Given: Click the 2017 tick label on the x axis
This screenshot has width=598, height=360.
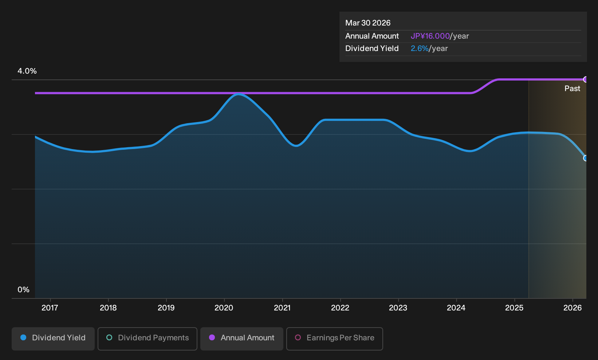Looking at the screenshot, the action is tap(50, 308).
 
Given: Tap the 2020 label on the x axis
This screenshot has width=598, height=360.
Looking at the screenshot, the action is tap(224, 308).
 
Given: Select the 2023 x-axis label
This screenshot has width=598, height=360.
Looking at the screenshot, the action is tap(398, 308).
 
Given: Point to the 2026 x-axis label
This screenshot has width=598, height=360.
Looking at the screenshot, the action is tap(573, 308).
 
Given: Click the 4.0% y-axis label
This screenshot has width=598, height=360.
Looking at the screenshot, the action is tap(27, 71).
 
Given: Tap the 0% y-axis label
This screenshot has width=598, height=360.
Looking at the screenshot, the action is tap(24, 290).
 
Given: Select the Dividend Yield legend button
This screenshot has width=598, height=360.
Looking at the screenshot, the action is tap(53, 339).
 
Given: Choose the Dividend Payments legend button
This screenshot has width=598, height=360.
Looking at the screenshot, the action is tap(147, 339).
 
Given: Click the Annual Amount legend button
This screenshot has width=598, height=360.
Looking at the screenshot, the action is tap(241, 339).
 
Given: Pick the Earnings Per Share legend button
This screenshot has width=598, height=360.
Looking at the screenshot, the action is tap(334, 339).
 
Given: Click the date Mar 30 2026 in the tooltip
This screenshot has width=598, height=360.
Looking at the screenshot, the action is tap(368, 23).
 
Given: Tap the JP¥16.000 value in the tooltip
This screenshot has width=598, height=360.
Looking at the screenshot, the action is tap(430, 36).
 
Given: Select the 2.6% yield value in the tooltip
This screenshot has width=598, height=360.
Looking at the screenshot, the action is tap(420, 48).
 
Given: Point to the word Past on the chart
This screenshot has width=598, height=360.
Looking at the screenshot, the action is tap(573, 89).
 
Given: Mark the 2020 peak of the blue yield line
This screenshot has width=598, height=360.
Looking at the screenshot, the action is tap(239, 94).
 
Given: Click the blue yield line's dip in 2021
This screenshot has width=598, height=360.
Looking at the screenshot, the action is tap(296, 146).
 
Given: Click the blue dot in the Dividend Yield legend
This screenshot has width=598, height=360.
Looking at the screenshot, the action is tap(24, 337).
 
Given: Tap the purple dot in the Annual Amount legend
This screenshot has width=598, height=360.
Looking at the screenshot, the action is tap(212, 337).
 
